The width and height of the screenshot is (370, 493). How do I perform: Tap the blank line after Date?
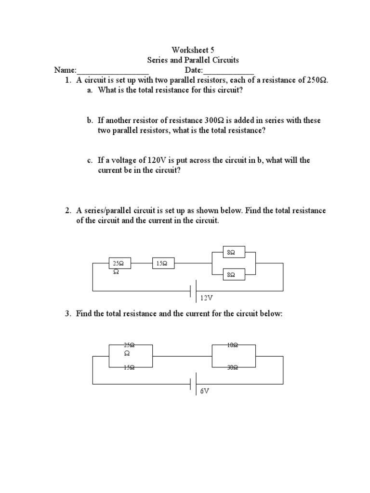point(231,71)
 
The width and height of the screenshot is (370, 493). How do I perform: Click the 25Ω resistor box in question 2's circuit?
point(119,264)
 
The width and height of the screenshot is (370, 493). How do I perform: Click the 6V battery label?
point(205,391)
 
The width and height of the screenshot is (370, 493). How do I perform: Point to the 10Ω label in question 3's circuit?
point(233,345)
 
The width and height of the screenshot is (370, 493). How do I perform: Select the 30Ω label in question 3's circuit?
point(233,368)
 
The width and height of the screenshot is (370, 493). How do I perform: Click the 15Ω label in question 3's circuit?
point(129,368)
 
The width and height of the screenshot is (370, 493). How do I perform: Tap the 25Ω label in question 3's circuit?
point(129,345)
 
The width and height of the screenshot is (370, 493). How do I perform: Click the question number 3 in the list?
point(68,314)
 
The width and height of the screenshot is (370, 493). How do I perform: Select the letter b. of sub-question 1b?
point(84,120)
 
